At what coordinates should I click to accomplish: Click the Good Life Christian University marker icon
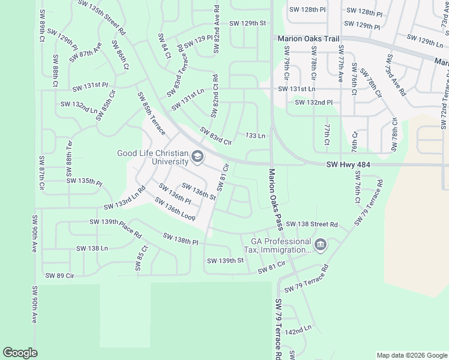pos(197,158)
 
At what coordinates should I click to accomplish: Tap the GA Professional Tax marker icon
pos(320,245)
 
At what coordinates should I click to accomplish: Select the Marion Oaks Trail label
pos(309,38)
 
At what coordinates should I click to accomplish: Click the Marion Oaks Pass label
pos(276,199)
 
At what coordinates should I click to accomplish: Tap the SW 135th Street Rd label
pos(102,16)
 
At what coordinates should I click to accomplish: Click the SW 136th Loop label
pos(175,208)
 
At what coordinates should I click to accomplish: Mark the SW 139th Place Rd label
pos(115,228)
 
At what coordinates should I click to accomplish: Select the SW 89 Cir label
pos(59,275)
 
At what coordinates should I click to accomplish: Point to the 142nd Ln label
pos(298,331)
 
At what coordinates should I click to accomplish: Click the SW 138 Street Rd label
pos(312,224)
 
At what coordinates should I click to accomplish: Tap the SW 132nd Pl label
pos(313,103)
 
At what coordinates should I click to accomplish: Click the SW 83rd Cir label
pos(215,137)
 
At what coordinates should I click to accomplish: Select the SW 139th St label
pos(225,261)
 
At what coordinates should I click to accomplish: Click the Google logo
pos(20,353)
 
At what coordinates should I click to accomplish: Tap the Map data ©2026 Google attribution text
pos(411,355)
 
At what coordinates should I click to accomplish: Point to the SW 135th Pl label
pos(84,181)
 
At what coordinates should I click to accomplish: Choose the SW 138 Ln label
pos(92,248)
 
